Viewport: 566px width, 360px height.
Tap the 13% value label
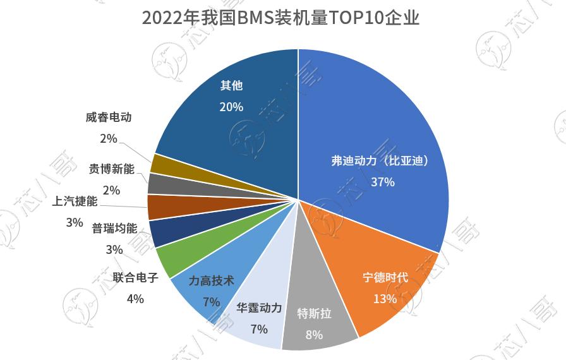[384, 298]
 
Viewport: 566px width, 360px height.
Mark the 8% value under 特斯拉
[314, 335]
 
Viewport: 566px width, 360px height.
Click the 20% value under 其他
[231, 107]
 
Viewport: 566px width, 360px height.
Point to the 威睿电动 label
[109, 117]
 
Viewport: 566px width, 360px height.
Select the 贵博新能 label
[112, 169]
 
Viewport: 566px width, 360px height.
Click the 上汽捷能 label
[75, 201]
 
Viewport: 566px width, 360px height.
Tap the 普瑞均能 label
[114, 228]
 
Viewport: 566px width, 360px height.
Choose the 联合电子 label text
[135, 277]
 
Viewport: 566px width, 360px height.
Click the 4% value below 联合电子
[135, 298]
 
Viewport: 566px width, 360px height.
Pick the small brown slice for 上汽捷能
[157, 207]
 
